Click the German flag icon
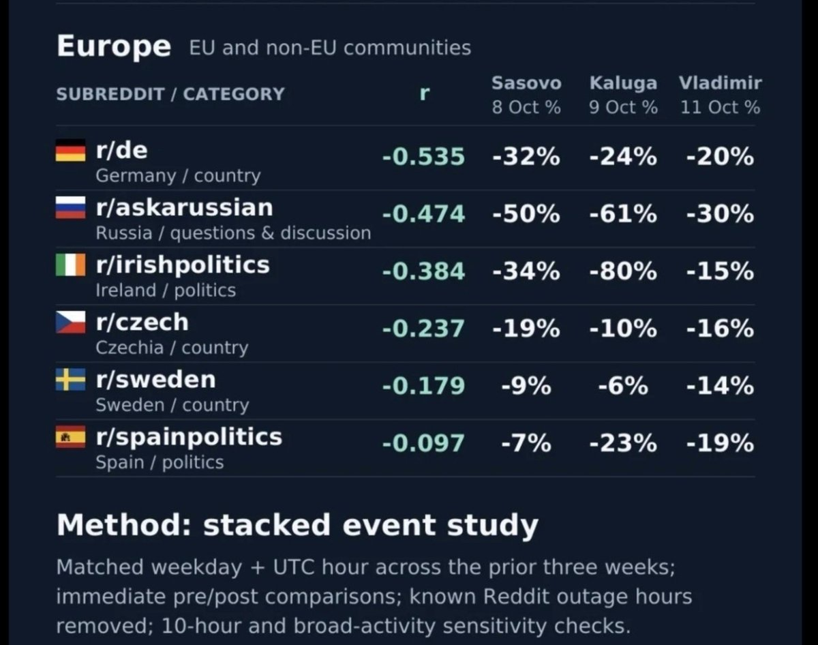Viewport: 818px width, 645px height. click(x=70, y=150)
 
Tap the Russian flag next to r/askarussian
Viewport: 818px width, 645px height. click(x=70, y=208)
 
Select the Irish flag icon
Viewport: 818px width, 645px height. click(x=70, y=265)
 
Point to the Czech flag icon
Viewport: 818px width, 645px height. click(x=70, y=322)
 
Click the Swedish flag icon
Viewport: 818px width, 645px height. click(x=70, y=380)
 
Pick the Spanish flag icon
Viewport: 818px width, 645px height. click(x=70, y=437)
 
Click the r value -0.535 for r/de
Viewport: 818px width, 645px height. click(x=423, y=156)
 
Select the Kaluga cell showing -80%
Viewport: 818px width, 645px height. click(x=623, y=271)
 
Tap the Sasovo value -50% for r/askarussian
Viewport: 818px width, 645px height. click(x=526, y=213)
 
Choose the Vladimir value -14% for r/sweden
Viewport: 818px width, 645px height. click(x=721, y=386)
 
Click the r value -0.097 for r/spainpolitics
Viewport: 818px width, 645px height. click(x=423, y=443)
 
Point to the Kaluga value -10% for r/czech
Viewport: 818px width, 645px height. click(x=623, y=329)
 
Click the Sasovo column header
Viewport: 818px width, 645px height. click(x=526, y=83)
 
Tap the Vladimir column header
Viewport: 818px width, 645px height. click(x=721, y=83)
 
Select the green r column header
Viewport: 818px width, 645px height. click(x=425, y=93)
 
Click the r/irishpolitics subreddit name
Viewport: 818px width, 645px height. click(x=183, y=265)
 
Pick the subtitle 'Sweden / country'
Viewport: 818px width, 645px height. click(x=172, y=405)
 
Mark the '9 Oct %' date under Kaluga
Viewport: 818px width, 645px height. click(x=623, y=108)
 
